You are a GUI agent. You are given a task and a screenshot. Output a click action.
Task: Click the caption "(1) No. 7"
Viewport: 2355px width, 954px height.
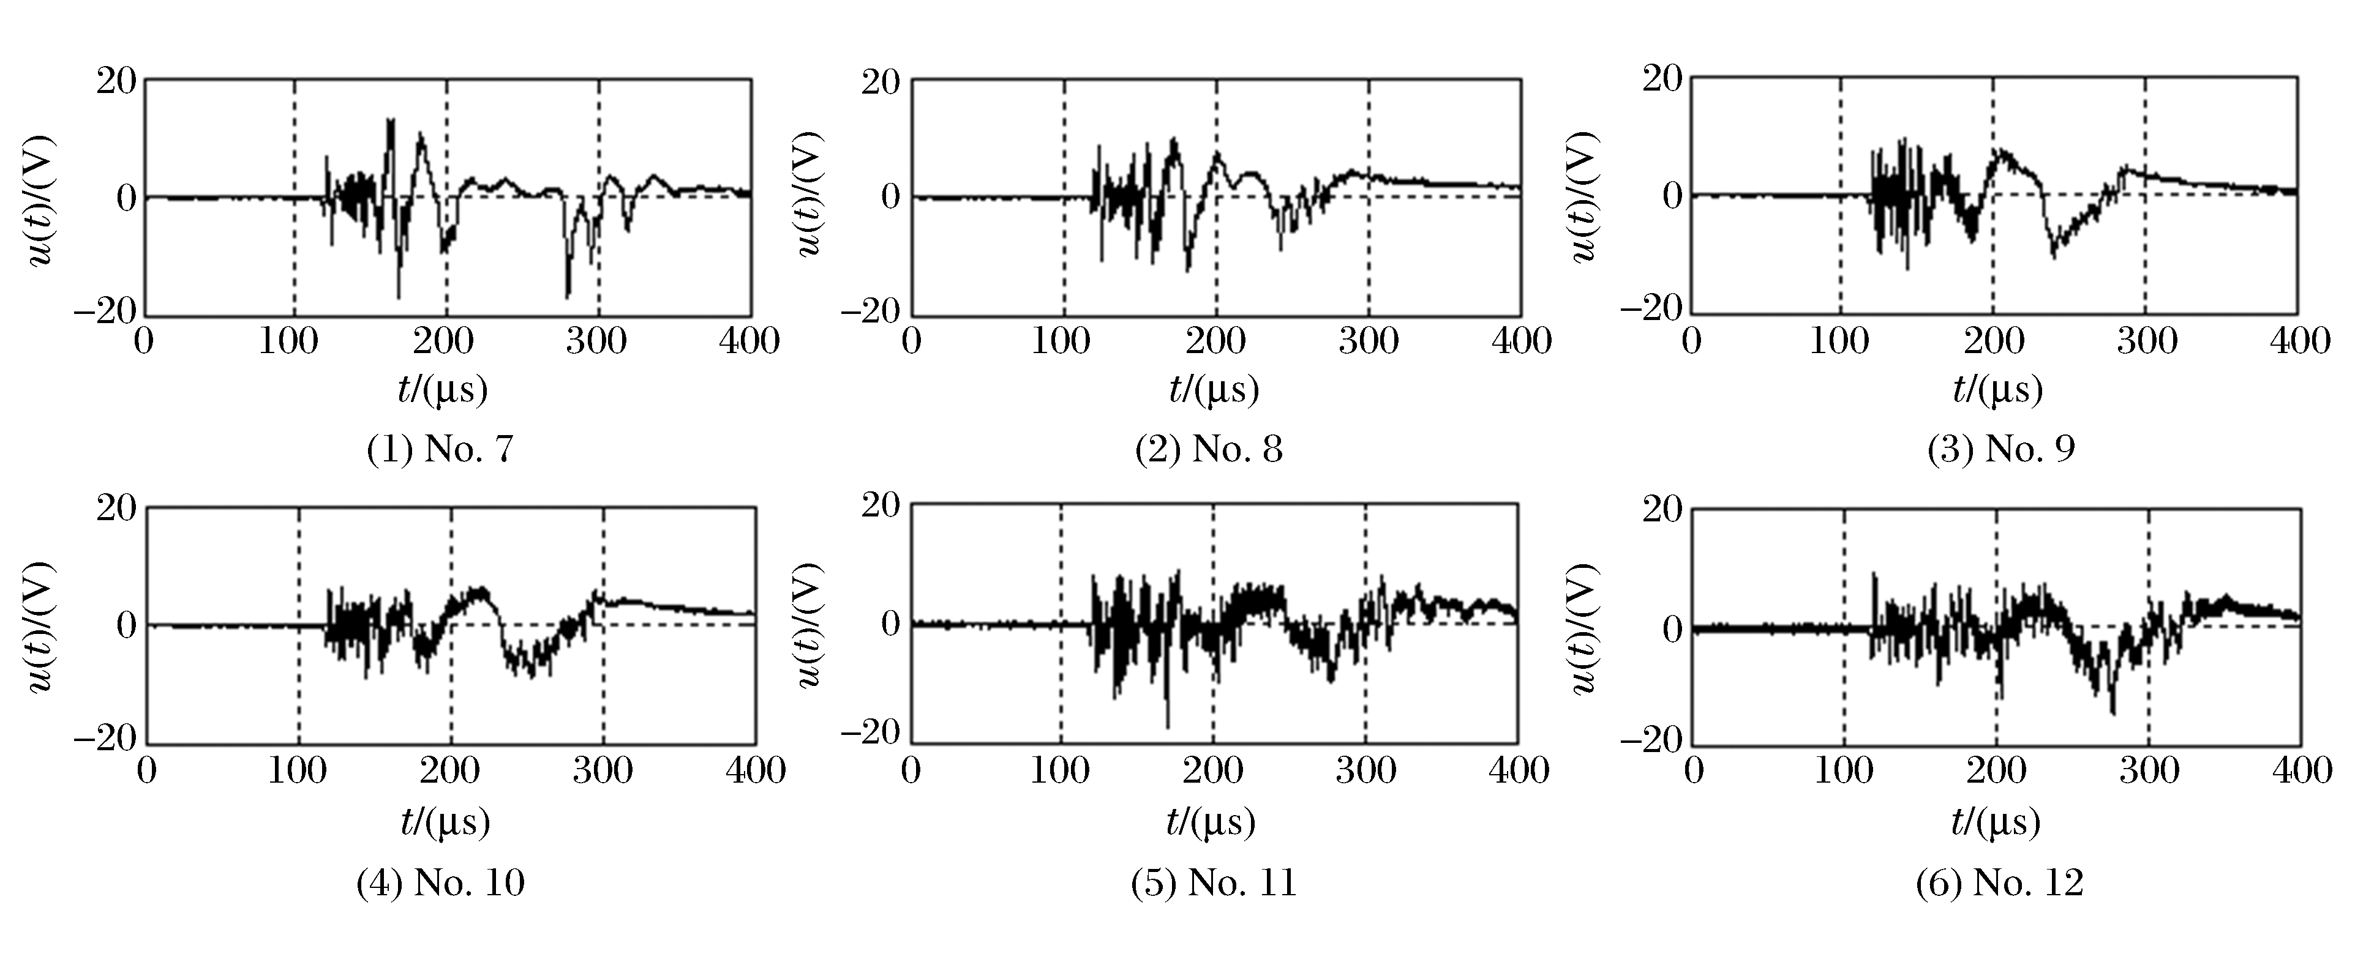pyautogui.click(x=440, y=450)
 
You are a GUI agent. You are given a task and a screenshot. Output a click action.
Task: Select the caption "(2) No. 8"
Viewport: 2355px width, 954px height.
pyautogui.click(x=1209, y=450)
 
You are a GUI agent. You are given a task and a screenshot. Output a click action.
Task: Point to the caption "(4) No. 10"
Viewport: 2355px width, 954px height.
pyautogui.click(x=440, y=883)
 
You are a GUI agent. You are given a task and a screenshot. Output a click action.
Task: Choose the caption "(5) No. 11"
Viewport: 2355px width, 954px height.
pyautogui.click(x=1213, y=883)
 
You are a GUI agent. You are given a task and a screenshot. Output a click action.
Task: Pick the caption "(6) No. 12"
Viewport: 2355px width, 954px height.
pyautogui.click(x=1999, y=883)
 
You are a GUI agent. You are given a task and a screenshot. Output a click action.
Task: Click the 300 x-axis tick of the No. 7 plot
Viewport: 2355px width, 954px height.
pyautogui.click(x=596, y=341)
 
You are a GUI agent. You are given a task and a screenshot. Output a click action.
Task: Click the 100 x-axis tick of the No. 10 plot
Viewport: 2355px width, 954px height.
pyautogui.click(x=298, y=770)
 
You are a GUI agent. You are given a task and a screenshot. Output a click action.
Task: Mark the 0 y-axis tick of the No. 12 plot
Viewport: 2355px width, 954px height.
pyautogui.click(x=1671, y=630)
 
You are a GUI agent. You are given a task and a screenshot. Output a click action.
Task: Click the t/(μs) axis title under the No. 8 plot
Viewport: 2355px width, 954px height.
pyautogui.click(x=1214, y=390)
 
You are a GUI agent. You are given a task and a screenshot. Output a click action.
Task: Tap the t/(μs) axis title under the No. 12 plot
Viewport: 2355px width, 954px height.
pyautogui.click(x=1996, y=823)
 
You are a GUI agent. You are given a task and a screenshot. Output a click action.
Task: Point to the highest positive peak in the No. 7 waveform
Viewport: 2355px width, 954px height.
pyautogui.click(x=391, y=120)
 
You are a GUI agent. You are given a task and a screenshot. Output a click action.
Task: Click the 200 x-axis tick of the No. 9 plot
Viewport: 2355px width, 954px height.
pyautogui.click(x=1994, y=341)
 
